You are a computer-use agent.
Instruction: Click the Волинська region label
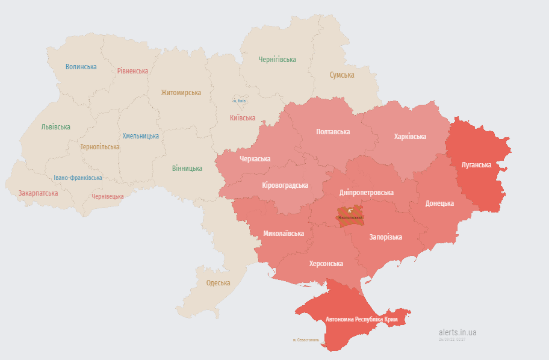[x=81, y=66]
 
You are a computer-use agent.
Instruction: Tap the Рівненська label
[x=132, y=70]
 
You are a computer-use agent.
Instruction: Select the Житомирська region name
[x=181, y=93]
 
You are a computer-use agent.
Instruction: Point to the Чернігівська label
[x=277, y=60]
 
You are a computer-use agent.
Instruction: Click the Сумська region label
[x=342, y=75]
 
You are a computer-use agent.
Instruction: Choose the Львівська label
[x=55, y=127]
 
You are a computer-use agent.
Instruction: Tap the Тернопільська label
[x=99, y=146]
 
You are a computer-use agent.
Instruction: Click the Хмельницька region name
[x=141, y=137]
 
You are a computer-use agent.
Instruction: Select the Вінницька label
[x=187, y=168]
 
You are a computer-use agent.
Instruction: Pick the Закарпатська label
[x=38, y=193]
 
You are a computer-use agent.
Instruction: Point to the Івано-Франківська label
[x=78, y=178]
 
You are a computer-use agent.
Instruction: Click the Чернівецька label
[x=108, y=196]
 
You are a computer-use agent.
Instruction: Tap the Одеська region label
[x=218, y=283]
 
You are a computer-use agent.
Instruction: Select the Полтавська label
[x=333, y=131]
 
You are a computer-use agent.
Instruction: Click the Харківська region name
[x=410, y=136]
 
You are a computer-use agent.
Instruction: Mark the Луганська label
[x=476, y=164]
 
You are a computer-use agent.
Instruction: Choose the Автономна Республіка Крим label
[x=361, y=319]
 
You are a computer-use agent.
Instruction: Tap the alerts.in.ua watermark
[x=457, y=332]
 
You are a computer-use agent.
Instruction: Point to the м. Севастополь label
[x=306, y=340]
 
